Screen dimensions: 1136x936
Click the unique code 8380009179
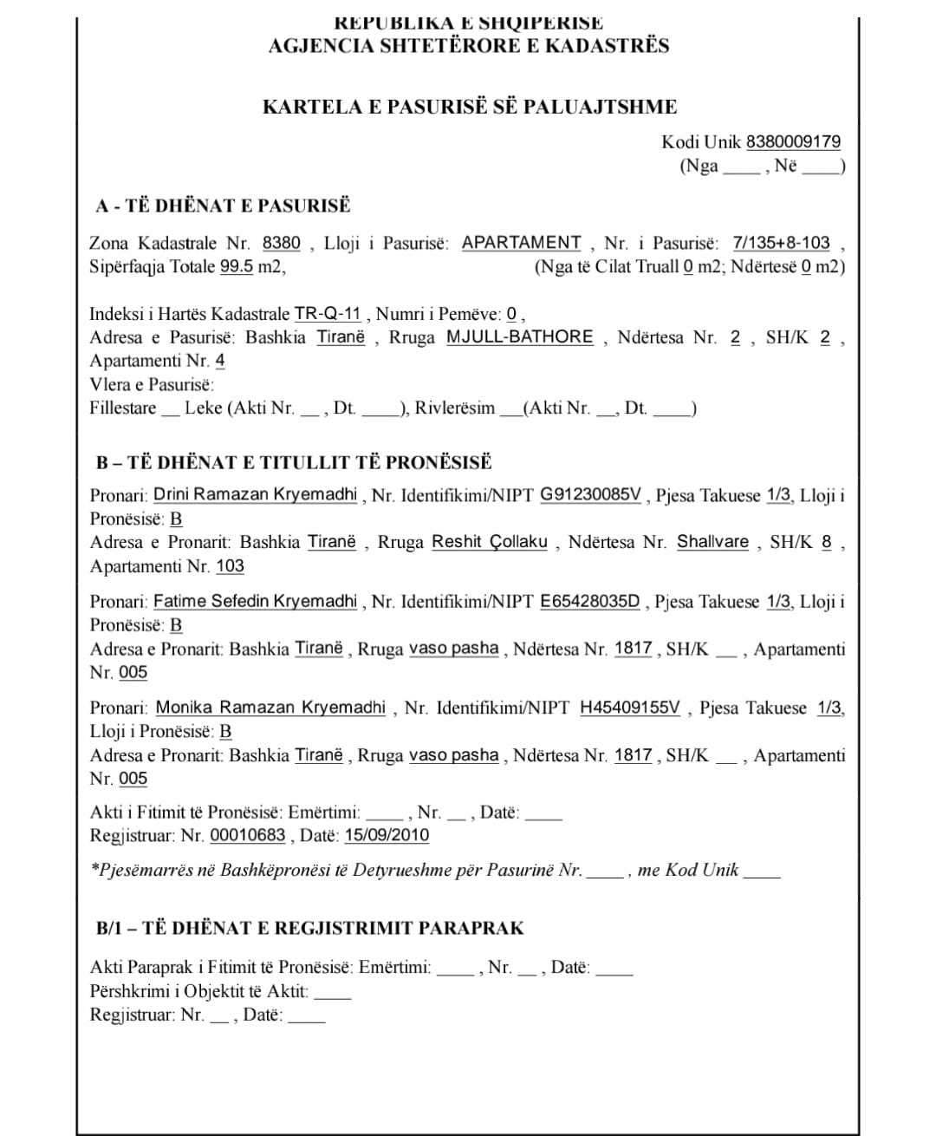[x=793, y=141]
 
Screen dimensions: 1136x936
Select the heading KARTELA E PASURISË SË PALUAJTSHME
[x=470, y=107]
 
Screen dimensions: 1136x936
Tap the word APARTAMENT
[x=521, y=243]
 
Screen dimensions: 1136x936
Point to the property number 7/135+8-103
[x=781, y=243]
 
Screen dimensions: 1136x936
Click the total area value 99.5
[x=237, y=266]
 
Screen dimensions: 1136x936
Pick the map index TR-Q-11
[x=328, y=314]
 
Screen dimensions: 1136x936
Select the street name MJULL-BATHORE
[x=520, y=336]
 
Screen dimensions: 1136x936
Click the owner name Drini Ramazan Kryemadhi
[x=255, y=494]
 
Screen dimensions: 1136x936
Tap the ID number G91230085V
[x=590, y=494]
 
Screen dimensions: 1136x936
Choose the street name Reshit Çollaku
[x=490, y=542]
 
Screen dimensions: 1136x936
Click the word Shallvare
[x=712, y=542]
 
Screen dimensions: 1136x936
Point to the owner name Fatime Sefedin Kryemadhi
[x=255, y=601]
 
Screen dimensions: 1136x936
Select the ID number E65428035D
[x=589, y=601]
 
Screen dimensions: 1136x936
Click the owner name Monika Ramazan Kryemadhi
[x=270, y=708]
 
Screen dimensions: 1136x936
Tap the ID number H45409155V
[x=630, y=708]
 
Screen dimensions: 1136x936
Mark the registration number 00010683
[x=248, y=835]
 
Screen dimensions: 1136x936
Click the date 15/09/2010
[x=387, y=835]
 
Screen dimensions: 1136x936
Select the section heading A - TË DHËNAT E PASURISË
[x=224, y=206]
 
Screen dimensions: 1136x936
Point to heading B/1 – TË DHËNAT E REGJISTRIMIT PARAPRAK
[x=309, y=928]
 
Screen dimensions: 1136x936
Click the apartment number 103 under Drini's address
[x=230, y=566]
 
